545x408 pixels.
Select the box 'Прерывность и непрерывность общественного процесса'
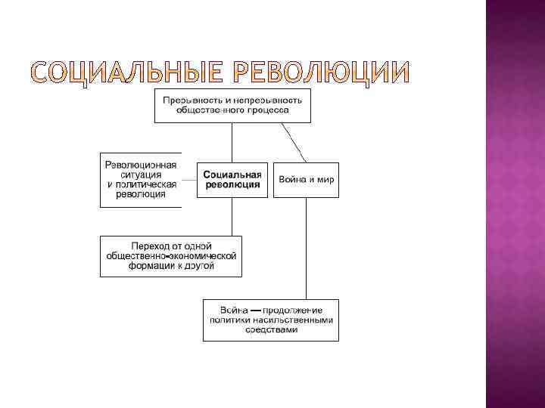coord(232,105)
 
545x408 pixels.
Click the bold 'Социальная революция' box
coord(232,179)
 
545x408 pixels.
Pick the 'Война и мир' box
coord(306,180)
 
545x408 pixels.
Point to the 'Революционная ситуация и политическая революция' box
coord(142,180)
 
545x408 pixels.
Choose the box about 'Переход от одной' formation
coord(171,256)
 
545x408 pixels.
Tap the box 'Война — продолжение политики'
coord(270,320)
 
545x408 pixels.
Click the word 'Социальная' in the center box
coord(232,174)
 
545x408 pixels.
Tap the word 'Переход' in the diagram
coord(149,246)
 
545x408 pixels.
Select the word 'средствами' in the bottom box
coord(270,329)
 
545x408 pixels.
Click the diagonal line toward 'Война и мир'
coord(294,142)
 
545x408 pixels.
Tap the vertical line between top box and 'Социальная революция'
coord(232,142)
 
